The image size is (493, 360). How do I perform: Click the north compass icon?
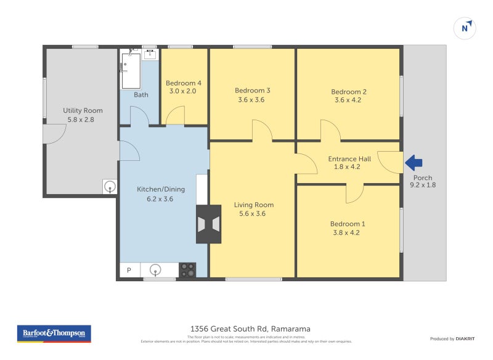467,28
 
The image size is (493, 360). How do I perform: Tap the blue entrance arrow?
414,163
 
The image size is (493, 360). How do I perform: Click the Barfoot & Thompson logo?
53,333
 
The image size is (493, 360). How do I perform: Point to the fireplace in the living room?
208,224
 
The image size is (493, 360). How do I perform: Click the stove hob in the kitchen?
187,270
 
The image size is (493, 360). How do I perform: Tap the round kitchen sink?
157,269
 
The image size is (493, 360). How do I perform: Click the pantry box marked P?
129,270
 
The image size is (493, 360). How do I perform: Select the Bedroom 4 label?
184,83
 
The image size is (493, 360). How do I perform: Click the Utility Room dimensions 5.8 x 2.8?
83,120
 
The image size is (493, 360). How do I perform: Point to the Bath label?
141,95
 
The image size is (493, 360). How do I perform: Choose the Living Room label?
253,205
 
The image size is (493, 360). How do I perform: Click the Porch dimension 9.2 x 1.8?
423,184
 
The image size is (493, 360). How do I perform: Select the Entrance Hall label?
349,158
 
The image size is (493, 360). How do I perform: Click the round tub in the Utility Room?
110,186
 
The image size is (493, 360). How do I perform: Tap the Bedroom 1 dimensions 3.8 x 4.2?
344,233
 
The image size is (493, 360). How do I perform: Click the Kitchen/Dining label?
160,189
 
